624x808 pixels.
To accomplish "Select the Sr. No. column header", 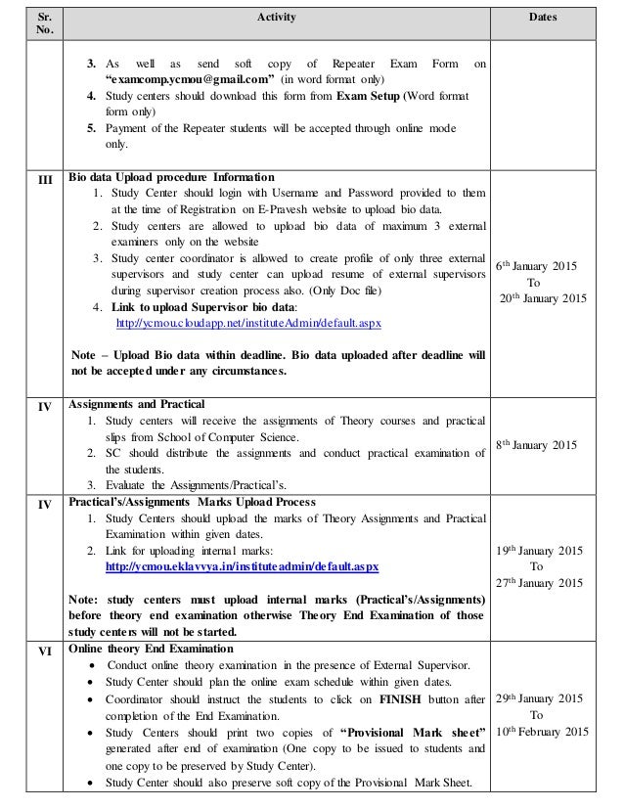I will [36, 23].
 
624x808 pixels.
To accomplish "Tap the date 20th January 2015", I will [551, 297].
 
